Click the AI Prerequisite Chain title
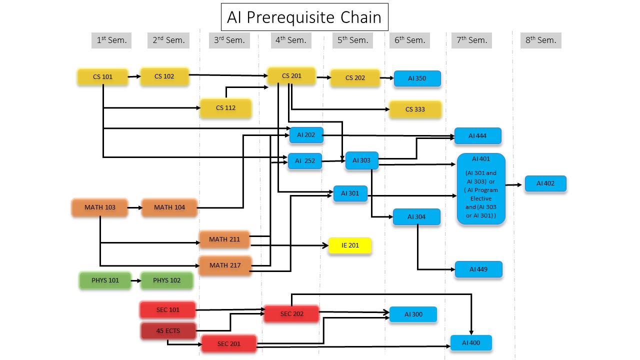pyautogui.click(x=304, y=17)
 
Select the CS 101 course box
pyautogui.click(x=103, y=77)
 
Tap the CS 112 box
pyautogui.click(x=225, y=108)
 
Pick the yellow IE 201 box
pyautogui.click(x=350, y=245)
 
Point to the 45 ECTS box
pyautogui.click(x=168, y=331)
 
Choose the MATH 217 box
pyautogui.click(x=224, y=265)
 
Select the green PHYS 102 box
pyautogui.click(x=167, y=280)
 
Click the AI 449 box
pyautogui.click(x=478, y=269)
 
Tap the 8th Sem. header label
pyautogui.click(x=540, y=40)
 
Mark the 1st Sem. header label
pyautogui.click(x=111, y=40)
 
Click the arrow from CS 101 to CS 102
pyautogui.click(x=134, y=76)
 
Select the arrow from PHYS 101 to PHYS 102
pyautogui.click(x=136, y=280)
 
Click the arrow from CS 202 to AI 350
pyautogui.click(x=387, y=78)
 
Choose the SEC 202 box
pyautogui.click(x=291, y=314)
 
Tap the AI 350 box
pyautogui.click(x=417, y=78)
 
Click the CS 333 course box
pyautogui.click(x=415, y=109)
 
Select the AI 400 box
pyautogui.click(x=471, y=343)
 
